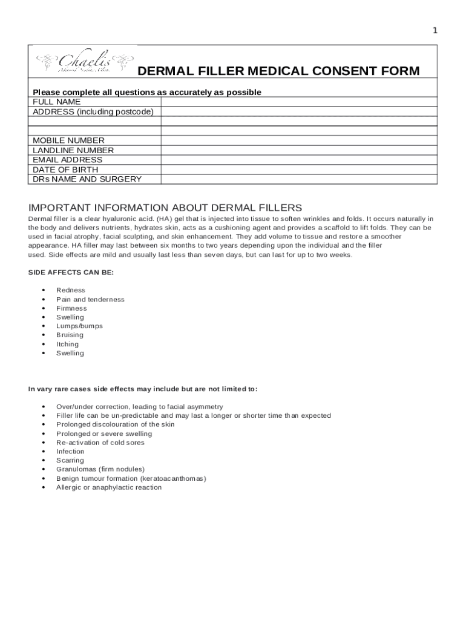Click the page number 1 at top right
click(435, 31)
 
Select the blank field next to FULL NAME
click(298, 102)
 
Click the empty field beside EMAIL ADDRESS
click(298, 160)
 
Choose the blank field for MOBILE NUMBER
click(298, 140)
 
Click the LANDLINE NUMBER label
click(73, 150)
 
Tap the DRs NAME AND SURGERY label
click(87, 179)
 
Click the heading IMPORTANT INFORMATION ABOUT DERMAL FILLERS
click(165, 207)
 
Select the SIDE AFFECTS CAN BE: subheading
click(71, 272)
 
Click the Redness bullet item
click(71, 290)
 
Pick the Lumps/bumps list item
click(79, 326)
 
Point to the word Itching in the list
click(67, 344)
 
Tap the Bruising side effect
click(70, 335)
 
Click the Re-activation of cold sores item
click(100, 443)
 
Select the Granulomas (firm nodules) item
click(100, 469)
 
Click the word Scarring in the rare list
click(70, 460)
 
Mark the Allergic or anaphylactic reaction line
click(109, 487)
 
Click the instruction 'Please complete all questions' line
click(147, 92)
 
